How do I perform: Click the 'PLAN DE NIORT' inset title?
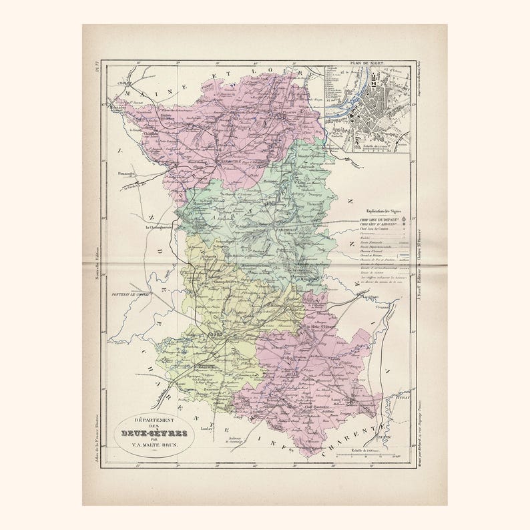tap(366, 64)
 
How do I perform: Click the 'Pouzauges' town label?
tap(127, 174)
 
